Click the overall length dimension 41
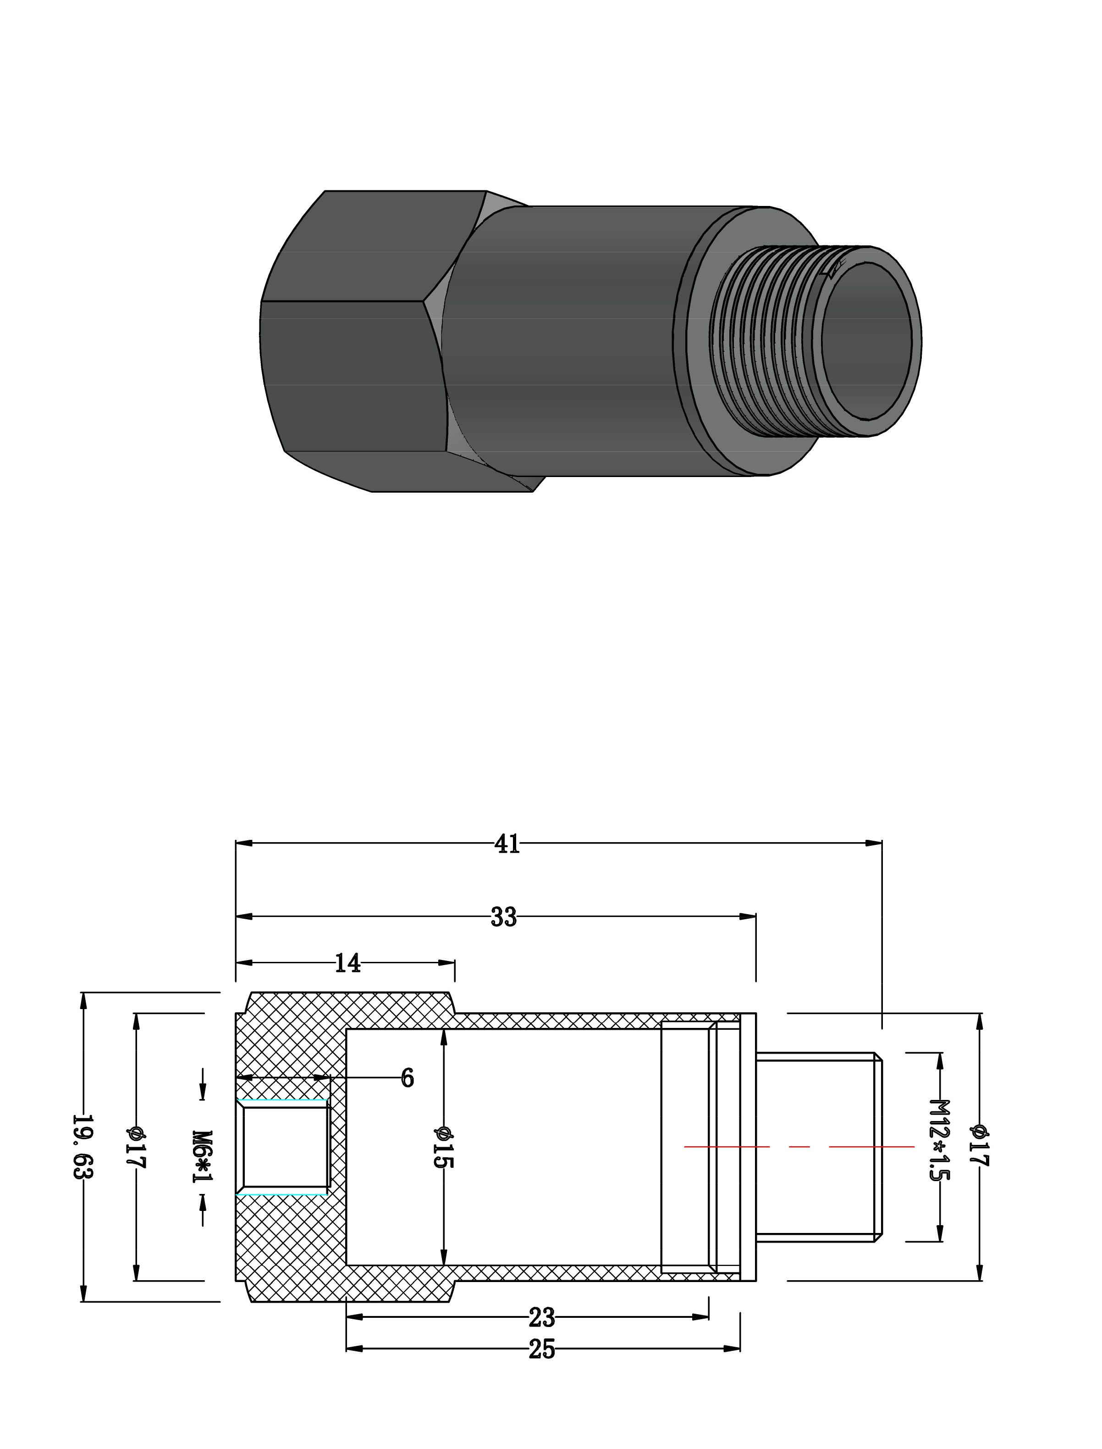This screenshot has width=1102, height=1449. point(507,844)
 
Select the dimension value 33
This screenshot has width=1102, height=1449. point(504,917)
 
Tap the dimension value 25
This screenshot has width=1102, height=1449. point(542,1350)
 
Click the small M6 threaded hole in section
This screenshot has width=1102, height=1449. point(285,1147)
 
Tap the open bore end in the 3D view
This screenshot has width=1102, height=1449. point(868,340)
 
